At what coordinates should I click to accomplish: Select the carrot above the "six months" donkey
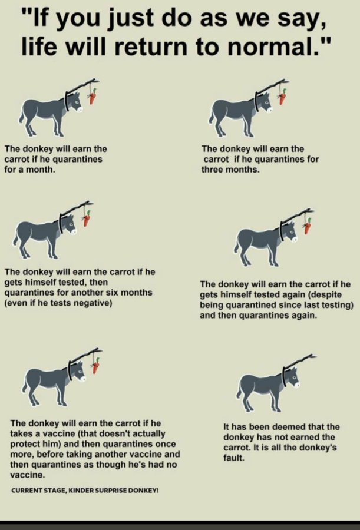[87, 218]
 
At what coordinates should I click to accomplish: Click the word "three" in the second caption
[212, 170]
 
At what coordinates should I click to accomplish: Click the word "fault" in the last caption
[233, 458]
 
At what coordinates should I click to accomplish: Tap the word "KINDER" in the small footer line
[81, 491]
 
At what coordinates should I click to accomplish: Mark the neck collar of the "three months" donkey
[257, 101]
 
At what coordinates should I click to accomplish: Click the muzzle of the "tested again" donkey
[295, 240]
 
